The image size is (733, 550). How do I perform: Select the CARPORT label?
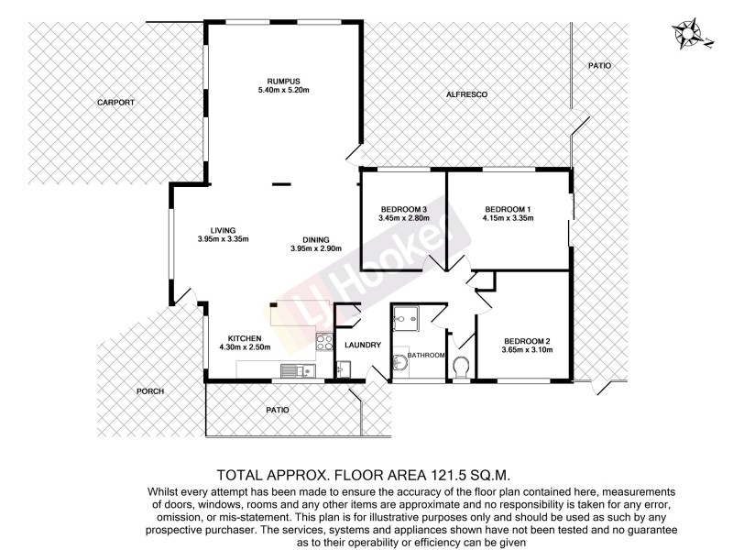coord(115,103)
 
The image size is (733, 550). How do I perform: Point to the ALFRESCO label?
coord(465,95)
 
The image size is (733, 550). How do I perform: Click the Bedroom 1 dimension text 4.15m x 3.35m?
coord(508,218)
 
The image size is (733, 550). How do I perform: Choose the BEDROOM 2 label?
coord(526,337)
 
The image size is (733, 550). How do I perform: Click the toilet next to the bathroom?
coord(463,368)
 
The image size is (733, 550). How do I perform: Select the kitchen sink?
coord(294,370)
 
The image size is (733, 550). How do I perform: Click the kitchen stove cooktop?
coord(324,344)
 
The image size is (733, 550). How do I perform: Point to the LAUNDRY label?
coord(363,346)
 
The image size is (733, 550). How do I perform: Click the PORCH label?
coord(150,391)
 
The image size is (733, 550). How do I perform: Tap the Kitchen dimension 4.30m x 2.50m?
coord(246,347)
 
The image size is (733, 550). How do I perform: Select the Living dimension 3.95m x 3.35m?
coord(224,239)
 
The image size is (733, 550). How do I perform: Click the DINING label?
coord(315,238)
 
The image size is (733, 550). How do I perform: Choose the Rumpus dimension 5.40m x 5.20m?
coord(284,91)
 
